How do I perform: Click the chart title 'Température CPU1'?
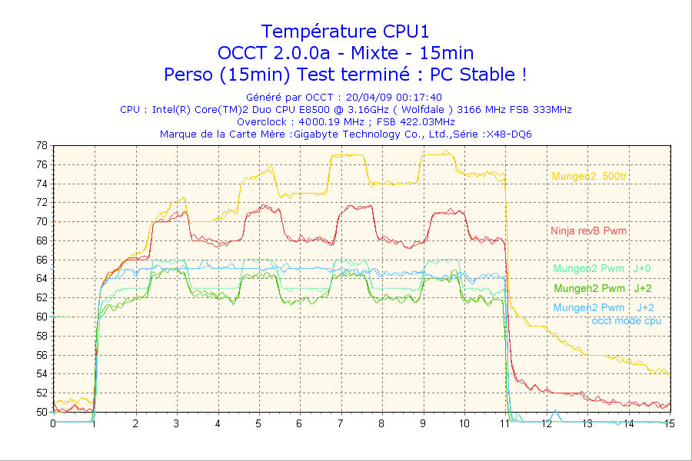click(x=345, y=32)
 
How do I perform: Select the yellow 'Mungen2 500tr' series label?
click(x=589, y=177)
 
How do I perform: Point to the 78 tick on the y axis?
click(x=42, y=145)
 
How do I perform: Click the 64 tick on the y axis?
click(x=42, y=278)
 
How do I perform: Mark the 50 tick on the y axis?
click(x=42, y=412)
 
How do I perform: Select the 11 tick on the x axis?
click(x=505, y=423)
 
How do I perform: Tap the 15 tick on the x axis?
click(x=669, y=423)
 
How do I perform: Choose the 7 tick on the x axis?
click(x=340, y=423)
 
